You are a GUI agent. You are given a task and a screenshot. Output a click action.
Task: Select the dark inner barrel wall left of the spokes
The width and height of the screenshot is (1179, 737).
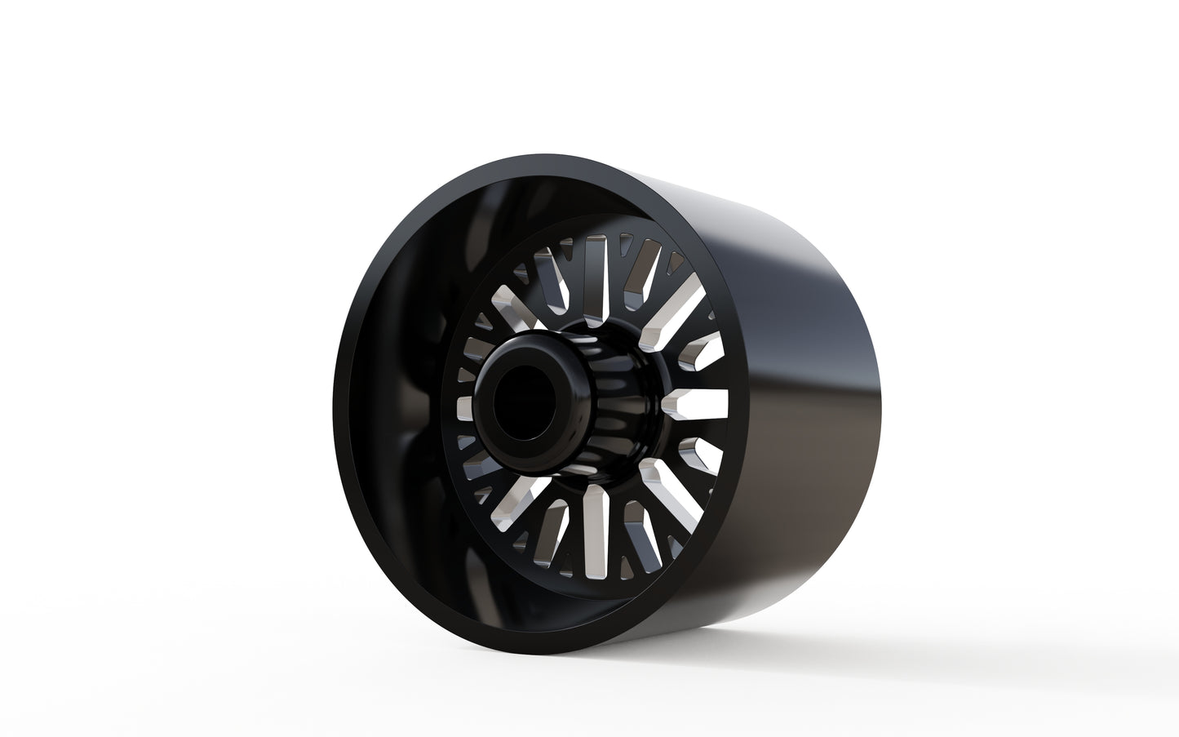click(x=392, y=408)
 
